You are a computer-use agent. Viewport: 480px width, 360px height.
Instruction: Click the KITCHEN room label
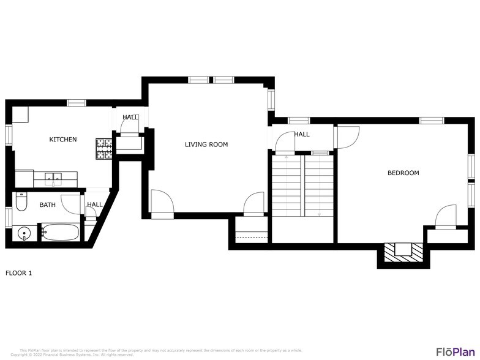pos(63,140)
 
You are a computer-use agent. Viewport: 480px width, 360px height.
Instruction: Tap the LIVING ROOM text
pos(206,145)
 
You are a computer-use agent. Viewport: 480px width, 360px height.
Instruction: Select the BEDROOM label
pos(403,173)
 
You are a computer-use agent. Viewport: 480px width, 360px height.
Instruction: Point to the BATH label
pos(48,205)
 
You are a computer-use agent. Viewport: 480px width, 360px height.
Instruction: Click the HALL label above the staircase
pos(301,135)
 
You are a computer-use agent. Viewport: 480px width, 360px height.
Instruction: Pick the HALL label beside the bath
pos(94,205)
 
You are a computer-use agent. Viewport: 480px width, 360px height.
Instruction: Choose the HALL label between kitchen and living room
pos(130,118)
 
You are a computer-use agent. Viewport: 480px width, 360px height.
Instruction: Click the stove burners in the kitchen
pos(103,148)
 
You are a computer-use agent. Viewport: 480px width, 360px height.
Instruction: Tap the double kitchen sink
pos(54,179)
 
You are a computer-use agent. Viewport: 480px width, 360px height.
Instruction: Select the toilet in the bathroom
pos(21,201)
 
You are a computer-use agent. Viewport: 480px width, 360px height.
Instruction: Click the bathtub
pos(59,233)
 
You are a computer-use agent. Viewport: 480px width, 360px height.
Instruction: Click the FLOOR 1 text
pos(18,273)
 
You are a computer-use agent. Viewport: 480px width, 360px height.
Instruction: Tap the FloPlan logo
pos(456,351)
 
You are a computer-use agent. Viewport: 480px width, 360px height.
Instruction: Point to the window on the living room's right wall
pos(271,100)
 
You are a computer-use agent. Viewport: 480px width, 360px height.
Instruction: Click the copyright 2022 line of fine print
pos(72,354)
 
